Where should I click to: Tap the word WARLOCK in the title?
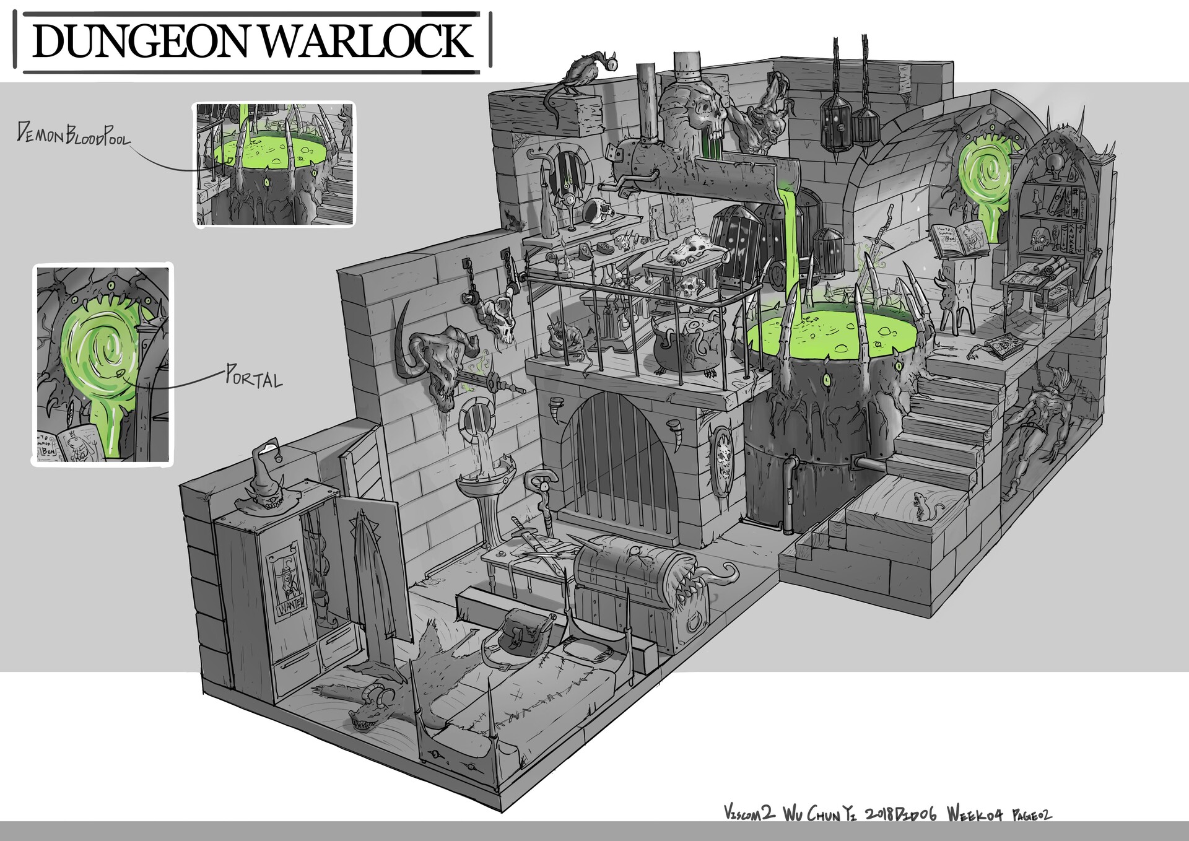(370, 40)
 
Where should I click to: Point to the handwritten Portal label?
(253, 377)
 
